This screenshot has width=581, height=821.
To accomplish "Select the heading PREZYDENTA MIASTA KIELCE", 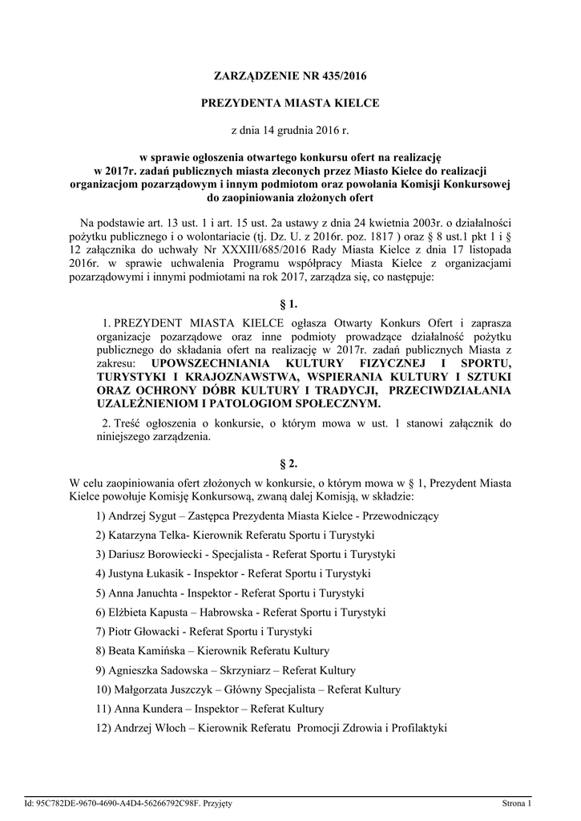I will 289,103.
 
